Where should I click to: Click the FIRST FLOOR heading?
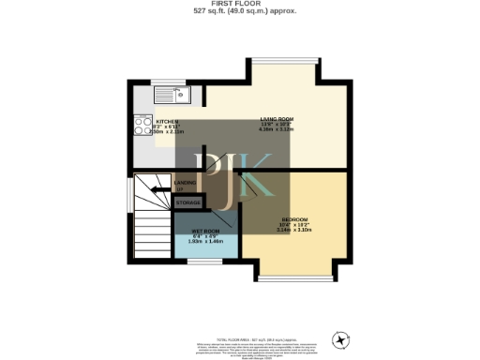pos(239,5)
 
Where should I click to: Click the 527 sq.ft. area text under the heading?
pos(239,12)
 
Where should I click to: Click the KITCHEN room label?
pos(168,122)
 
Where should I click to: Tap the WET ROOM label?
pos(205,231)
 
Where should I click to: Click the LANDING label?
pos(186,184)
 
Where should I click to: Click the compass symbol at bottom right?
pos(339,338)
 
